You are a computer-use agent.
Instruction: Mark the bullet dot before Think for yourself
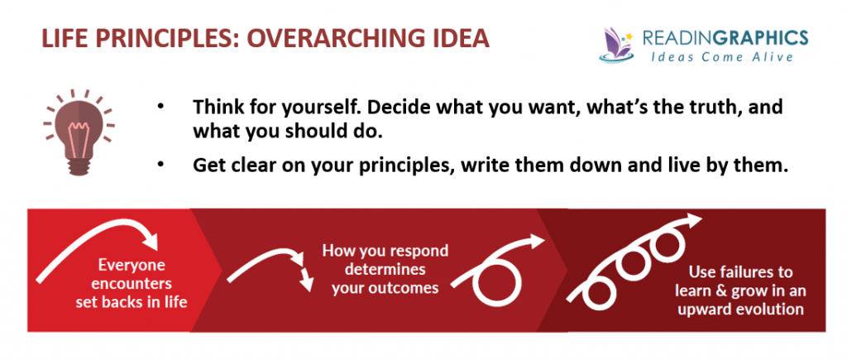(160, 107)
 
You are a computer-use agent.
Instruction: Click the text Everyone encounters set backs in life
(132, 283)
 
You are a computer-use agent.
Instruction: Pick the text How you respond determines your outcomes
(385, 269)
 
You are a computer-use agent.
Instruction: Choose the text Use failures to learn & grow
(740, 291)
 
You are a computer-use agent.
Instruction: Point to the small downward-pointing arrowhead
(307, 282)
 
